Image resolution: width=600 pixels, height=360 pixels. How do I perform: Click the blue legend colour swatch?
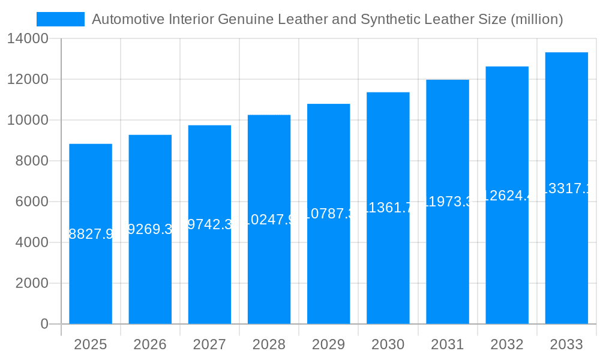point(61,19)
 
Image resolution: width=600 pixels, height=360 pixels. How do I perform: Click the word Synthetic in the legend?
point(388,19)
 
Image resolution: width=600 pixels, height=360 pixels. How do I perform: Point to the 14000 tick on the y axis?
point(28,39)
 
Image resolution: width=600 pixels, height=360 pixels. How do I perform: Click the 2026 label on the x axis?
point(150,344)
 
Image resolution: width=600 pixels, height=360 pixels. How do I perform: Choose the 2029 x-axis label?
point(328,344)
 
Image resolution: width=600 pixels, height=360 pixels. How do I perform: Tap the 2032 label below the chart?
point(507,344)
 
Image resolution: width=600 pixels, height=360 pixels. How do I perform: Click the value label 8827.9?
point(91,234)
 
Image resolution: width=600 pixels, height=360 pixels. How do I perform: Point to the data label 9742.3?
point(209,224)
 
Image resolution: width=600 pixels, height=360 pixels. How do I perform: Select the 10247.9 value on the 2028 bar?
point(269,220)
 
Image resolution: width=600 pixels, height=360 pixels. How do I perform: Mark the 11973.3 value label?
point(448,202)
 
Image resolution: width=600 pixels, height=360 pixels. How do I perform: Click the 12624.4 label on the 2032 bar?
point(507,195)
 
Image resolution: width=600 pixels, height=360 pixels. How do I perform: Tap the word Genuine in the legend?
point(245,19)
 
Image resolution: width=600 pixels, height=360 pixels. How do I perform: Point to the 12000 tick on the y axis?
point(28,79)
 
